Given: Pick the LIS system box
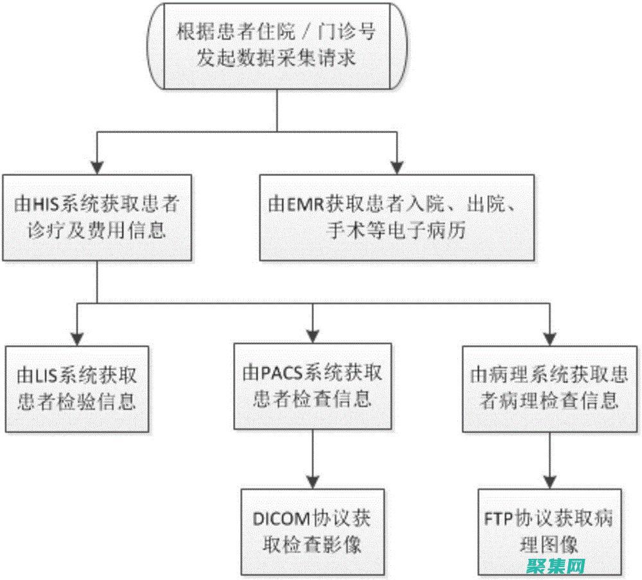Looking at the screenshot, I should (x=76, y=387).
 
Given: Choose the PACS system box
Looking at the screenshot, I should (x=312, y=386).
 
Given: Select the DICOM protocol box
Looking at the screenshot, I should (x=312, y=531).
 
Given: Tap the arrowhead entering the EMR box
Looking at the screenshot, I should (x=398, y=166).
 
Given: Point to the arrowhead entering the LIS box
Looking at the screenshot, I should (x=76, y=338).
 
